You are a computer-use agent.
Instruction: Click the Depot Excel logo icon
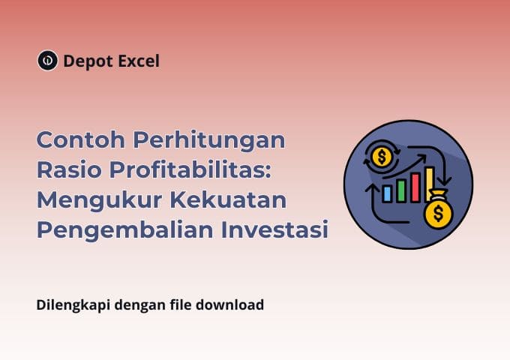tap(47, 61)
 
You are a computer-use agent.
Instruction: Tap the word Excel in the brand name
tap(138, 61)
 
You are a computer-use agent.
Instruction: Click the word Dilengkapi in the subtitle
tap(70, 306)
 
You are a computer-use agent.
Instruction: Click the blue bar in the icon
tap(387, 194)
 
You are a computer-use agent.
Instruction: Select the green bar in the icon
tap(400, 190)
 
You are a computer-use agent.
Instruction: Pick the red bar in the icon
tap(415, 186)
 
